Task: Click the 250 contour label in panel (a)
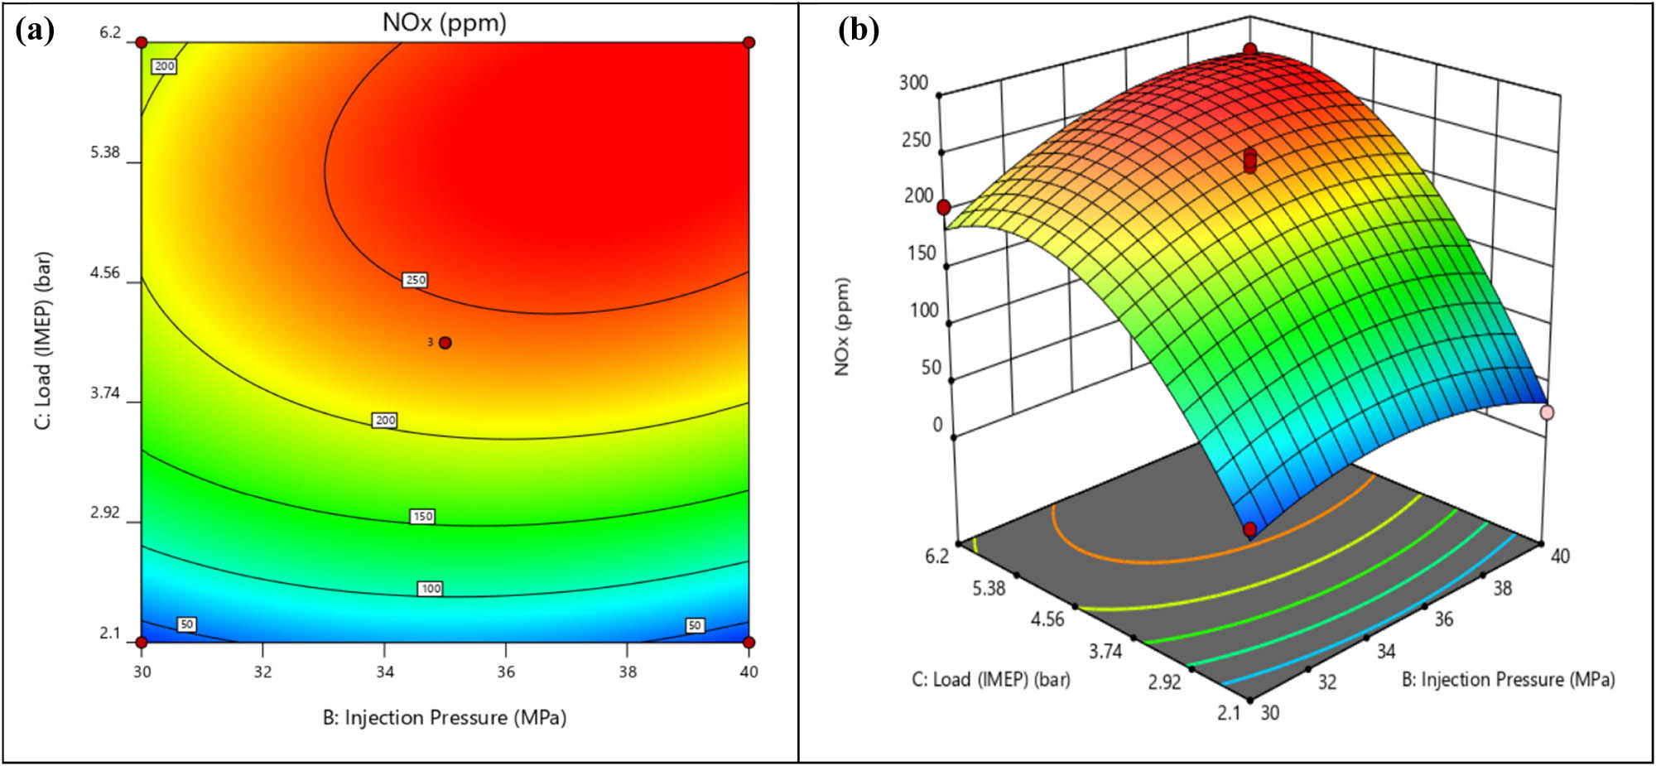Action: pos(415,280)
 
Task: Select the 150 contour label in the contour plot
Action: pos(422,516)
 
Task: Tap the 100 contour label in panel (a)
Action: pos(431,589)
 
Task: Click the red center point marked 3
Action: pos(445,343)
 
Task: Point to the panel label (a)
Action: pos(35,31)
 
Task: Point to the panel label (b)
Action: pos(859,31)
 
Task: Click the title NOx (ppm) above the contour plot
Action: pos(445,22)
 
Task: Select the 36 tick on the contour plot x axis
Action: pos(506,672)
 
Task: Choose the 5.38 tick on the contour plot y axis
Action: pos(105,152)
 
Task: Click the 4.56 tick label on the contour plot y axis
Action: pos(105,272)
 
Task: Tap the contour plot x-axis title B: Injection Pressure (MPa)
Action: pos(445,717)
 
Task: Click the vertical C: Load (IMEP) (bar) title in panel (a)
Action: pos(43,340)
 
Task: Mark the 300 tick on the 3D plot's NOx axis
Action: pos(914,82)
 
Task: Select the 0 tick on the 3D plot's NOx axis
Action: pos(937,424)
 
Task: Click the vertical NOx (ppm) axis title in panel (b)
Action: pos(842,326)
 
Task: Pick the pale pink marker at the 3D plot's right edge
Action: pos(1546,412)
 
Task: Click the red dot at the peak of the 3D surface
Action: pos(1249,51)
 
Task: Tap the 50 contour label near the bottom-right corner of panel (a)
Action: pos(695,625)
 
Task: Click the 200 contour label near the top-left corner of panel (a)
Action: pos(165,66)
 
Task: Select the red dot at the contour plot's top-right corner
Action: pos(749,42)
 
